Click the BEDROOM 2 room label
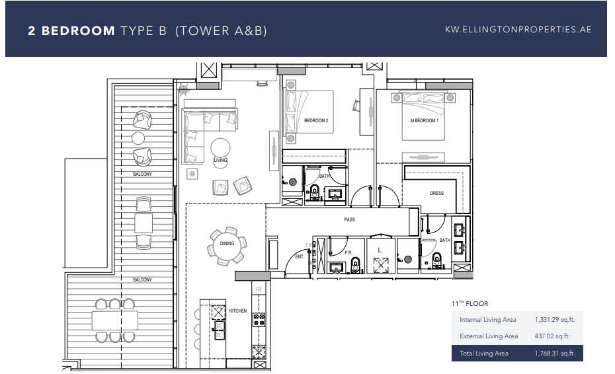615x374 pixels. [x=316, y=121]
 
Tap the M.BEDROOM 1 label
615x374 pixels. [x=425, y=121]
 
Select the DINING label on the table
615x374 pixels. [x=227, y=244]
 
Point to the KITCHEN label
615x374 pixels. [x=237, y=310]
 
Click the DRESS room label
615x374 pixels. [x=436, y=194]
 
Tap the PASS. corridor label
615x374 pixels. [x=350, y=219]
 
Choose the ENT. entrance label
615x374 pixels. [x=299, y=256]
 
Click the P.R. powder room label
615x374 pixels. [x=348, y=252]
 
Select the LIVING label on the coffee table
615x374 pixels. [x=220, y=160]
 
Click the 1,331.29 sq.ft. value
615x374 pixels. [x=554, y=320]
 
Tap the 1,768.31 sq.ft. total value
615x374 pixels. [x=554, y=354]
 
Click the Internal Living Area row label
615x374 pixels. [x=488, y=320]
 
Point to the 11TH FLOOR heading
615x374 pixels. [x=470, y=304]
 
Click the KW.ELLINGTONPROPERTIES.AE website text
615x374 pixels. [x=518, y=30]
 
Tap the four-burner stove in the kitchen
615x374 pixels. [x=259, y=320]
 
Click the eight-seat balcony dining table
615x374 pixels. [x=115, y=320]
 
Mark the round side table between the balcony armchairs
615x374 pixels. [x=138, y=138]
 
